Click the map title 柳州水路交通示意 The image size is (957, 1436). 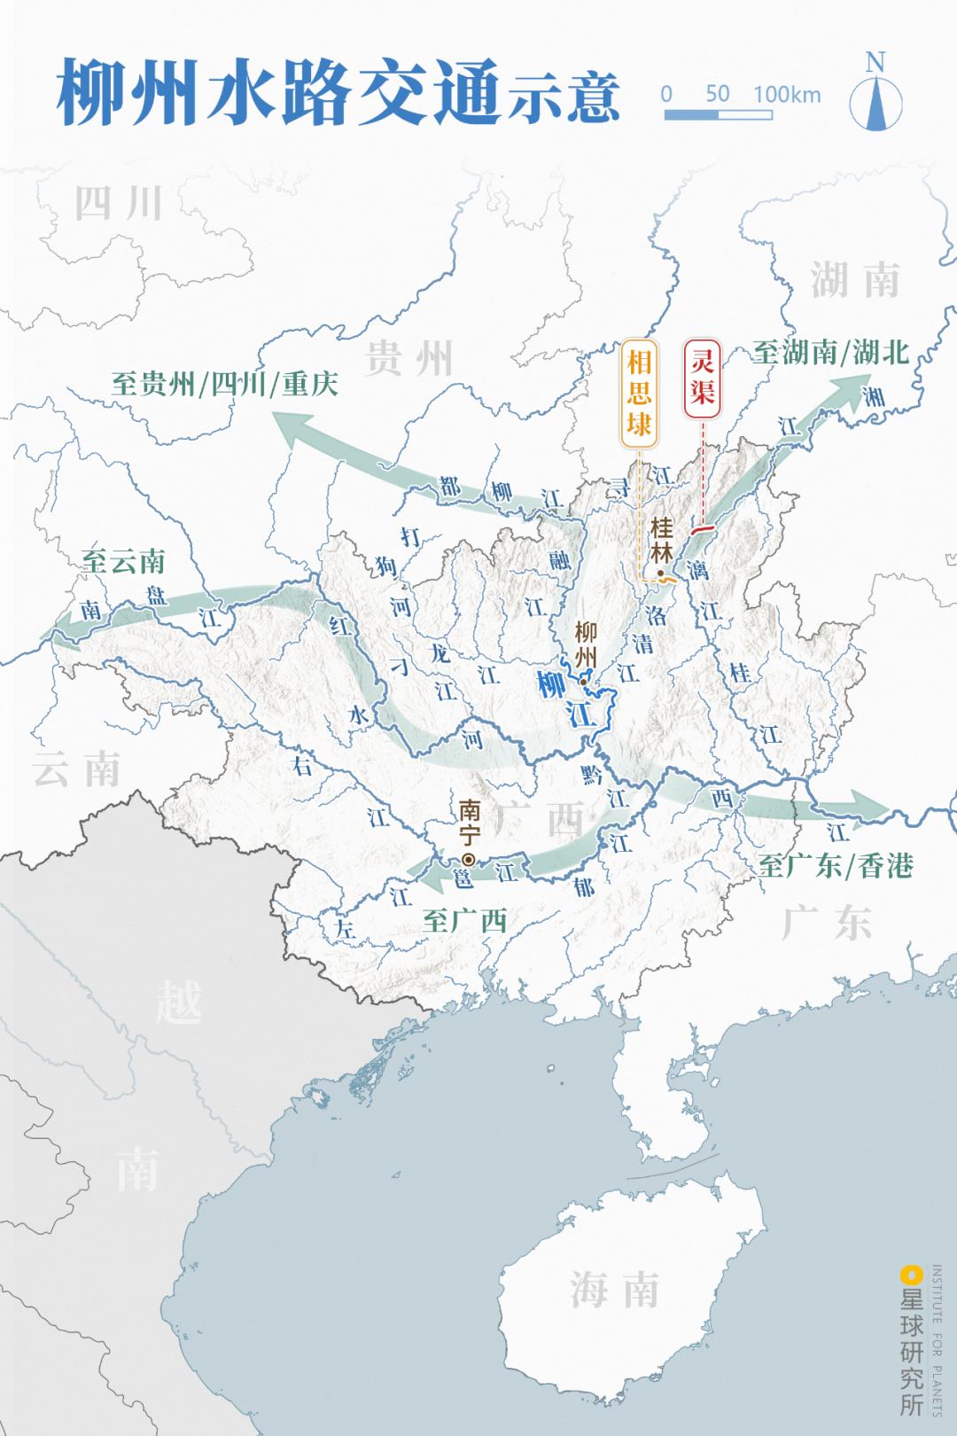[337, 95]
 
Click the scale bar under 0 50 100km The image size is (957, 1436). [718, 115]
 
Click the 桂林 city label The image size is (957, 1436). [661, 540]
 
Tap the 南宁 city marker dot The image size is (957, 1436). [468, 859]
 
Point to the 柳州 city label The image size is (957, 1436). [586, 644]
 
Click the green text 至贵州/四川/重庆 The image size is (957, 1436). [225, 384]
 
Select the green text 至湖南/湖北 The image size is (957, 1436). [831, 352]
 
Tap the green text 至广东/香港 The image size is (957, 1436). [836, 866]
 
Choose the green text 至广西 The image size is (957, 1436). [464, 920]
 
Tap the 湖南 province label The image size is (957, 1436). [855, 281]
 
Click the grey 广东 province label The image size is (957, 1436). [827, 923]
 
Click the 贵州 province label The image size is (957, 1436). [408, 359]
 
